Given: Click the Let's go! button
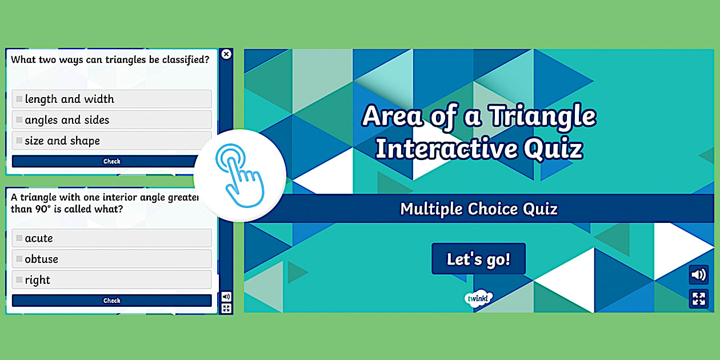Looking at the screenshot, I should click(x=478, y=259).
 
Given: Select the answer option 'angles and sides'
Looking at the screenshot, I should click(x=111, y=120).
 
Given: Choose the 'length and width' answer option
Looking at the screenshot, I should click(x=111, y=99).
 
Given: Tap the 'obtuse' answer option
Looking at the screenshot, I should click(x=111, y=259).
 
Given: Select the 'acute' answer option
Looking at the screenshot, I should click(x=111, y=238).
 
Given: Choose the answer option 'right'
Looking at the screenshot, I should click(x=111, y=280).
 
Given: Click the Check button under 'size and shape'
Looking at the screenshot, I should click(x=111, y=162).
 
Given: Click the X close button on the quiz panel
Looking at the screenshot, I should click(x=226, y=54).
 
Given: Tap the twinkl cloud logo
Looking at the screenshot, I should click(x=478, y=298).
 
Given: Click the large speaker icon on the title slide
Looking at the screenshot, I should click(x=698, y=275).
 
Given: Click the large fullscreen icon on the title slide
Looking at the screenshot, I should click(x=698, y=299).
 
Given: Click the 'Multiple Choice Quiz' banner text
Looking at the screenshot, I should click(x=478, y=209).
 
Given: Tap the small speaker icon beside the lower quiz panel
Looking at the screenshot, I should click(x=226, y=297).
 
